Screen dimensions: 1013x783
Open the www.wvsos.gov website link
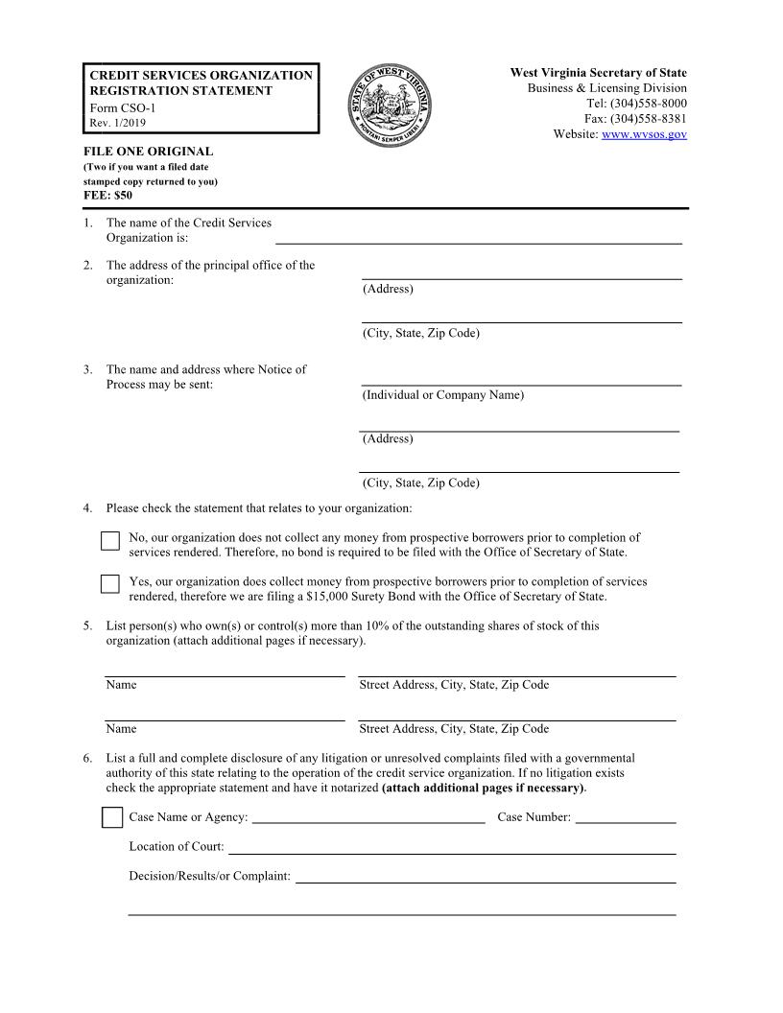[644, 134]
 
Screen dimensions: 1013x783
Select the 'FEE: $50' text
[107, 195]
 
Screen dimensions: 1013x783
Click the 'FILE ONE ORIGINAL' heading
[148, 152]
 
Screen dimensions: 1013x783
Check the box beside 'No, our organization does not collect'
[110, 541]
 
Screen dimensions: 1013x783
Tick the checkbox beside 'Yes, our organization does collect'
[110, 584]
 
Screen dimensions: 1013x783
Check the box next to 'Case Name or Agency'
[111, 817]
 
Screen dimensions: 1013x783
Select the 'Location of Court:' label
[177, 847]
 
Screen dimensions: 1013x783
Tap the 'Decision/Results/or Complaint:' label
[209, 876]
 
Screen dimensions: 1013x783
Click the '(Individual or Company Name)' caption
[443, 395]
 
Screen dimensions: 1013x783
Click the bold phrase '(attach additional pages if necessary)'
[483, 789]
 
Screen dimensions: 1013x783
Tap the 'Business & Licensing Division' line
[606, 88]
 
